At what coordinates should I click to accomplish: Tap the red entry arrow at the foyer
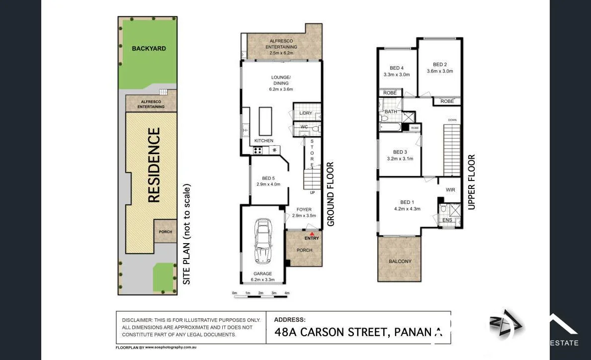[312, 233]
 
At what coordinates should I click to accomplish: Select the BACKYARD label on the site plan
[149, 48]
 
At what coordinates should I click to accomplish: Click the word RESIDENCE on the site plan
[154, 165]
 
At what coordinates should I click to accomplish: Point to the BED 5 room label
[267, 178]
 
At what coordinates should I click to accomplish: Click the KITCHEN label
[264, 141]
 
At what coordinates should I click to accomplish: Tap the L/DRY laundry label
[305, 113]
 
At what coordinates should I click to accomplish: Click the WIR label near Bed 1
[450, 190]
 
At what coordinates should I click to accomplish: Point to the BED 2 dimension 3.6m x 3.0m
[440, 71]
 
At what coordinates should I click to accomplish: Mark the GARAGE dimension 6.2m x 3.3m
[262, 279]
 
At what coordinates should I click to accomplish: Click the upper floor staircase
[452, 150]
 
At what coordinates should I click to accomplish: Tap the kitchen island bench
[266, 121]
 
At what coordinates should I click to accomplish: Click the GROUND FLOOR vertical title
[331, 194]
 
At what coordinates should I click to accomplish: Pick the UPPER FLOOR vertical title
[471, 181]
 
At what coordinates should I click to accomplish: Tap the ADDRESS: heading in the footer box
[290, 320]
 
